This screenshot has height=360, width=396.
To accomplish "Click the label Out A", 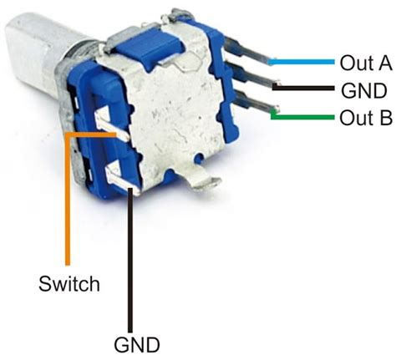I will pos(365,63).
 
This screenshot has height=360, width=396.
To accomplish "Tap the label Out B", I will pos(366,118).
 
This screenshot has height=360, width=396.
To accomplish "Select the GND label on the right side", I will pos(362,90).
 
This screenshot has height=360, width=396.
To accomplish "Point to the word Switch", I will pos(69,284).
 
